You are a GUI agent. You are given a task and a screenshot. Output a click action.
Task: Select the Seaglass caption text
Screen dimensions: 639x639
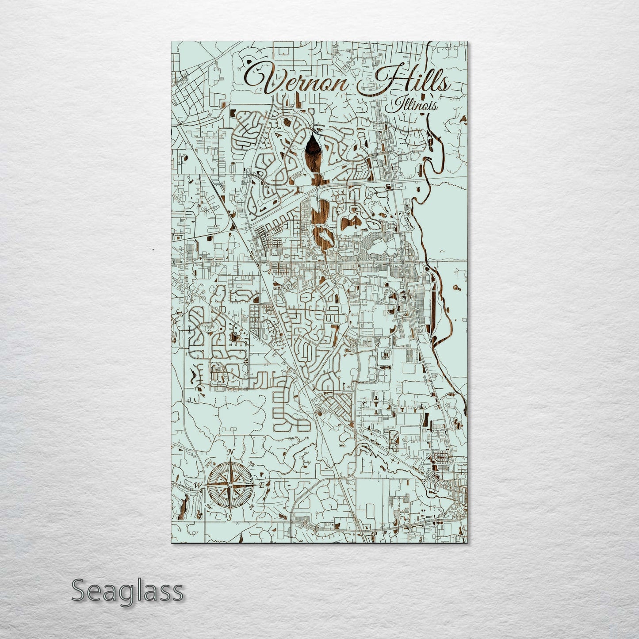click(127, 590)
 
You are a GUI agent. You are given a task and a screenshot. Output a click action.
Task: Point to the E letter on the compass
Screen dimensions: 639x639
click(261, 486)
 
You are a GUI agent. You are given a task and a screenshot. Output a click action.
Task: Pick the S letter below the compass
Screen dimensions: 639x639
click(230, 517)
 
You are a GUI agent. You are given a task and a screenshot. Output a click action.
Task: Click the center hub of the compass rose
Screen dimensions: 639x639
click(230, 485)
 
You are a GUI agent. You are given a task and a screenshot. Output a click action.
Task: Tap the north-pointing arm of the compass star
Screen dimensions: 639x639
click(230, 471)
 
